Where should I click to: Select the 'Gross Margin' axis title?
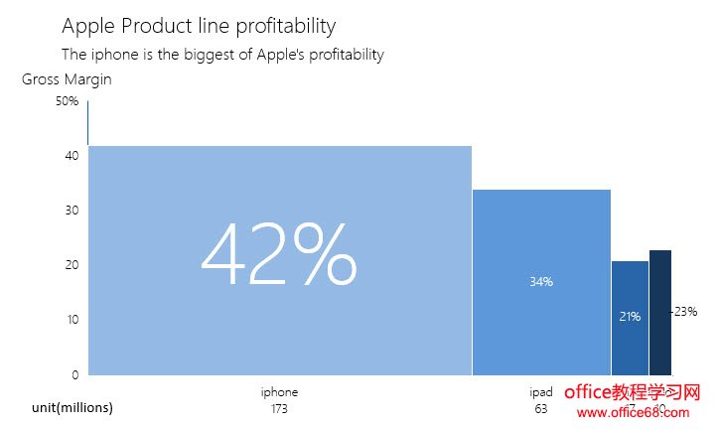67,80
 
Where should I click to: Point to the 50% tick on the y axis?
67,101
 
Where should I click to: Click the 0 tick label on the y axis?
74,374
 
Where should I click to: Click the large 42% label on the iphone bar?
279,255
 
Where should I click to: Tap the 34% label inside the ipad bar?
541,282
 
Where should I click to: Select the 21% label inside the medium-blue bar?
630,317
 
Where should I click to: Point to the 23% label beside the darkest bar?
685,312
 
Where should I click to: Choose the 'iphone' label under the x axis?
279,392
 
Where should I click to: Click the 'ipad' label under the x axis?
541,392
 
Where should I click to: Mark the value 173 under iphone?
279,409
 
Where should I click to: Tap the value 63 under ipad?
541,409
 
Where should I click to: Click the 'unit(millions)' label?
72,408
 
